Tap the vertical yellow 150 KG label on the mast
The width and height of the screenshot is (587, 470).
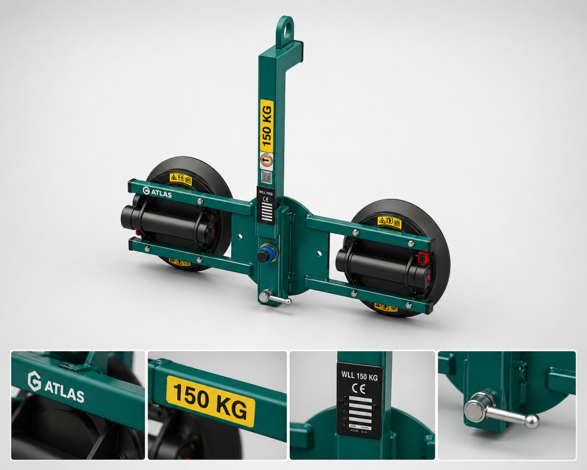(x=267, y=126)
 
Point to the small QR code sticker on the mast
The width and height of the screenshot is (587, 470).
(x=266, y=177)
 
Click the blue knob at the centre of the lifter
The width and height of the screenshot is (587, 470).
(x=265, y=254)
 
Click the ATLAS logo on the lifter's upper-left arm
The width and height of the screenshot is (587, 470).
(x=157, y=193)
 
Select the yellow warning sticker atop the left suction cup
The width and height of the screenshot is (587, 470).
(x=181, y=179)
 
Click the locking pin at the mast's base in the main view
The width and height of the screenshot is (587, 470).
(x=273, y=298)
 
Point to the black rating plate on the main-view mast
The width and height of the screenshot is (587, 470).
(x=266, y=206)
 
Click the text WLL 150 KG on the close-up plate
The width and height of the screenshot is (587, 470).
(x=359, y=377)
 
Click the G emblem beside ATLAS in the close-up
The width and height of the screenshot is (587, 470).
(x=34, y=381)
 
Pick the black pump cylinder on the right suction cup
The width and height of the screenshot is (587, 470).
(x=376, y=264)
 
